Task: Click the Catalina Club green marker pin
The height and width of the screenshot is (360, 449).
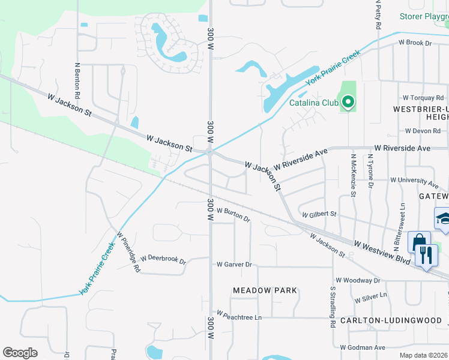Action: point(348,103)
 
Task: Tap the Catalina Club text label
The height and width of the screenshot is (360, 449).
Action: point(315,103)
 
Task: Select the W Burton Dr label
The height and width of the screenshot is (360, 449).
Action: point(234,214)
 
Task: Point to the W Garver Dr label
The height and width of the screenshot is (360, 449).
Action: point(234,264)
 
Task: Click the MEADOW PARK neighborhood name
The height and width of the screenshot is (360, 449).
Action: point(265,290)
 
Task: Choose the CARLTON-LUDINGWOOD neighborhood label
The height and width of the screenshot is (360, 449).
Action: point(394,320)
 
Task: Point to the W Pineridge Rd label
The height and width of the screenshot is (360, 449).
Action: point(129,253)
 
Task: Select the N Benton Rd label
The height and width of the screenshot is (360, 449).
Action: point(77,80)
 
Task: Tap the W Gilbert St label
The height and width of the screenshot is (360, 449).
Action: point(320,214)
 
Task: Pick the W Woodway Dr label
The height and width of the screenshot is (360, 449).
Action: point(358,280)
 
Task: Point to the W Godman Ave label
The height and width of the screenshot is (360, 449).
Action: point(363,347)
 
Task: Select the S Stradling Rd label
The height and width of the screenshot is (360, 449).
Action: point(332,306)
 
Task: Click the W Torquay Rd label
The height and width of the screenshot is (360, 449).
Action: point(423,97)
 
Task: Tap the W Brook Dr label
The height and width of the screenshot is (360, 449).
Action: point(415,43)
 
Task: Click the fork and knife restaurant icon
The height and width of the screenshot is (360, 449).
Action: point(427,256)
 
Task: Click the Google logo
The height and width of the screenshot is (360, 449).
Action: point(20,353)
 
